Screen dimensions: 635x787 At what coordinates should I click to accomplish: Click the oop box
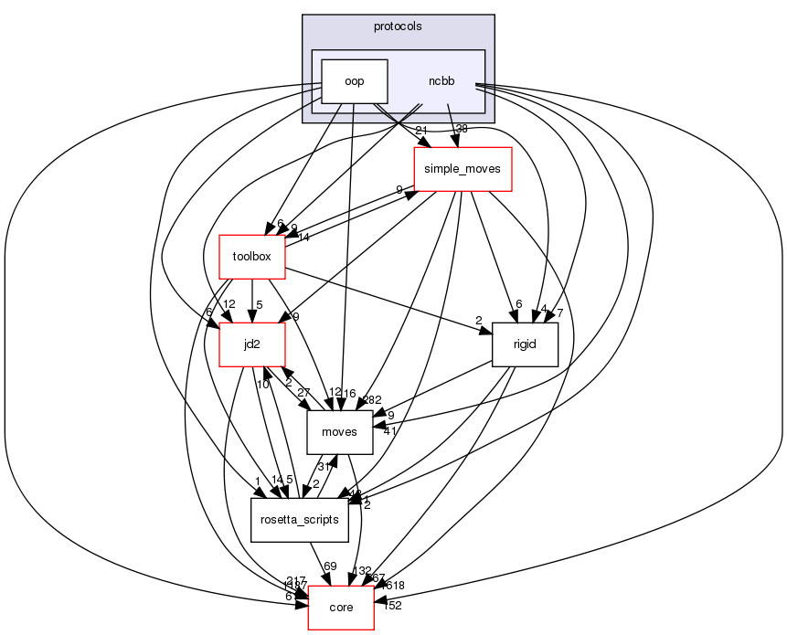pos(355,81)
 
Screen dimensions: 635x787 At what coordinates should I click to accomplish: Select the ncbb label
pos(441,81)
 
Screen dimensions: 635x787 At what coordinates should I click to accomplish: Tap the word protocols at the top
pos(398,26)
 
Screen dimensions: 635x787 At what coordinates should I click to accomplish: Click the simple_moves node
pos(463,169)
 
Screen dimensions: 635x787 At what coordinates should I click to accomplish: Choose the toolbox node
pos(252,257)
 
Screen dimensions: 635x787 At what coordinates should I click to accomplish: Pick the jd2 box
pos(252,344)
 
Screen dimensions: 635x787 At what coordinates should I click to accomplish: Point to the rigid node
pos(525,344)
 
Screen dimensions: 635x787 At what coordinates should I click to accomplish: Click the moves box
pos(339,432)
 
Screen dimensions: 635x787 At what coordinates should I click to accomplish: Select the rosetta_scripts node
pos(300,520)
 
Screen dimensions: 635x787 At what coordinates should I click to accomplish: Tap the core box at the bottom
pos(341,608)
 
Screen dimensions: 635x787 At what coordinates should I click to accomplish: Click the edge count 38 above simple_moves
pos(462,129)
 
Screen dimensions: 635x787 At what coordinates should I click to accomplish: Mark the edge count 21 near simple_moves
pos(421,129)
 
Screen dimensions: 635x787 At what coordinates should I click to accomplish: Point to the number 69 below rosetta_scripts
pos(331,567)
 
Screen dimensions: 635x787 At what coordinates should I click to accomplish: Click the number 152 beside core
pos(391,605)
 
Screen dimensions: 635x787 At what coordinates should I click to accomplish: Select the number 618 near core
pos(395,586)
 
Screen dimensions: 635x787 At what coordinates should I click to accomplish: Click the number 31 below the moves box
pos(324,467)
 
